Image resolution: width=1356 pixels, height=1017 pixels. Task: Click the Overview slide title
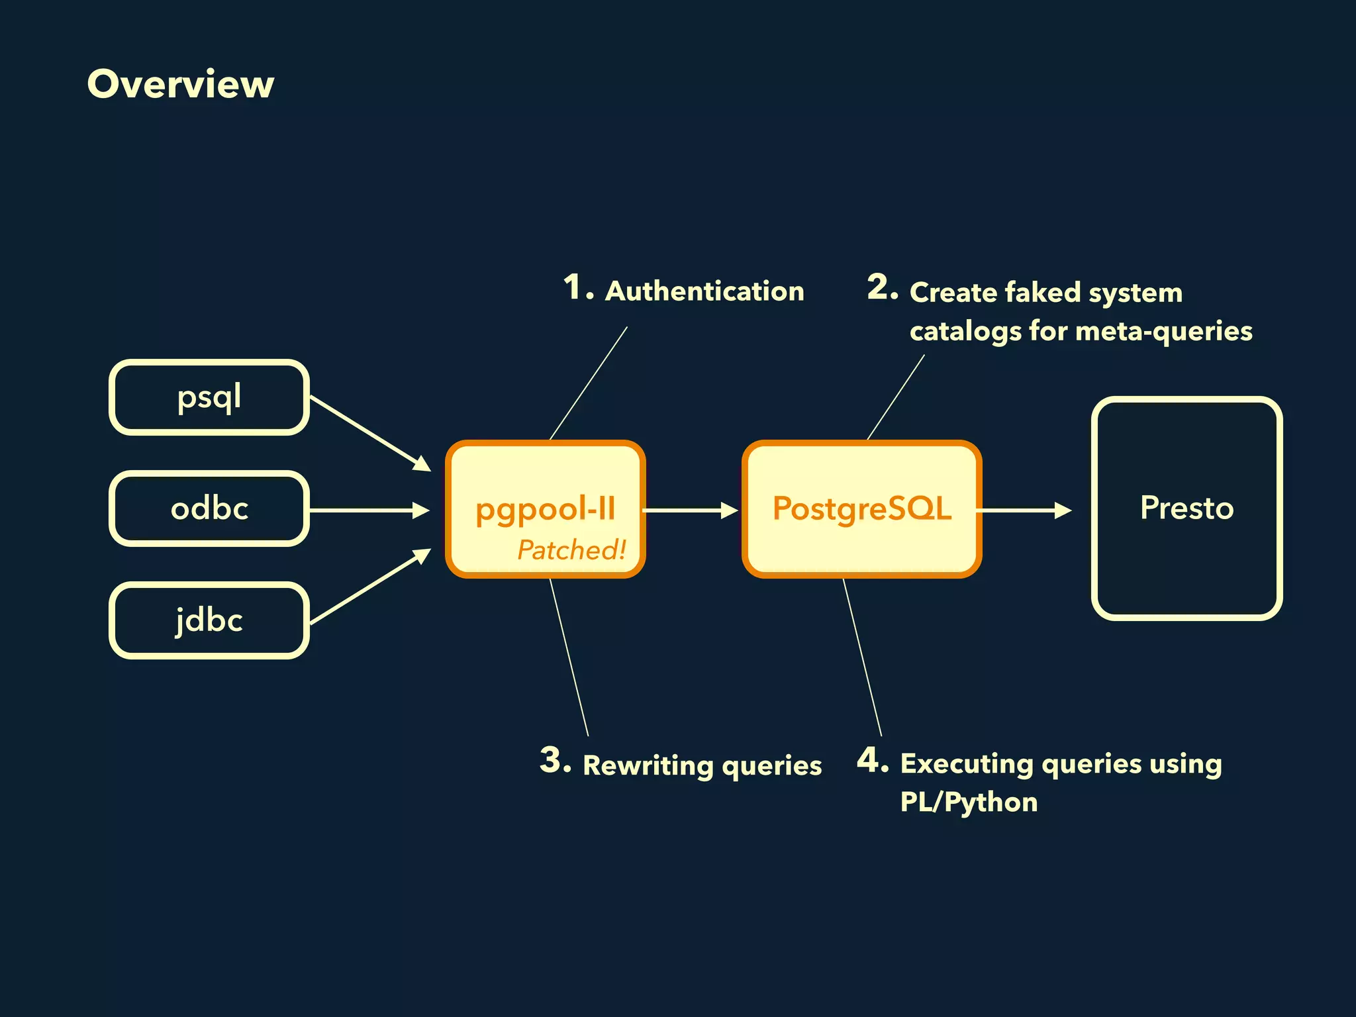point(180,85)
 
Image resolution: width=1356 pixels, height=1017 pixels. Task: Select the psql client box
point(209,397)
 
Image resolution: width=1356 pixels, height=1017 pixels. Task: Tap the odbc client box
point(209,508)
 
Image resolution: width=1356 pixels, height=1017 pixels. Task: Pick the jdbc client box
point(209,620)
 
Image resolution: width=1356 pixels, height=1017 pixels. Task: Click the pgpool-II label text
point(545,509)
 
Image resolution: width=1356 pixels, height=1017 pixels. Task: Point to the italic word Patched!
point(571,550)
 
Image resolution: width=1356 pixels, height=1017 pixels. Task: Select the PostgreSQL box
point(861,508)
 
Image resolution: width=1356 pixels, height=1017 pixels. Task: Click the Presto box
point(1186,508)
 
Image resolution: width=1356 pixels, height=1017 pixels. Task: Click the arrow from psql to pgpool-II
point(369,432)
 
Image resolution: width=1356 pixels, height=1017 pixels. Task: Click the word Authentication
point(704,291)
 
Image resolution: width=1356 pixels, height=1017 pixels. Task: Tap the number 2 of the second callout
point(881,287)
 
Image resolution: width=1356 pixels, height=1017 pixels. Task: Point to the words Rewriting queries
point(702,765)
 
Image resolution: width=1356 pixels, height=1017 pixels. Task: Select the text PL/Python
point(969,802)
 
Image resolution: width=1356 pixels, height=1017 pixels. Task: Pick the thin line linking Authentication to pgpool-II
point(589,383)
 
